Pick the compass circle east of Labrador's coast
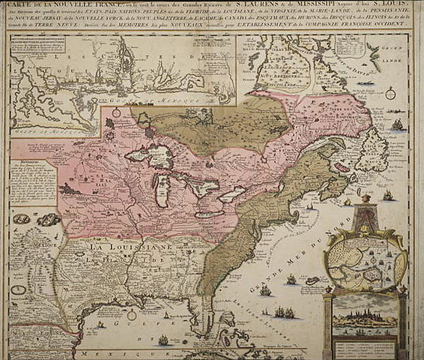pyautogui.click(x=391, y=94)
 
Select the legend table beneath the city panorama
pyautogui.click(x=365, y=346)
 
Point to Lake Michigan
pyautogui.click(x=160, y=193)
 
